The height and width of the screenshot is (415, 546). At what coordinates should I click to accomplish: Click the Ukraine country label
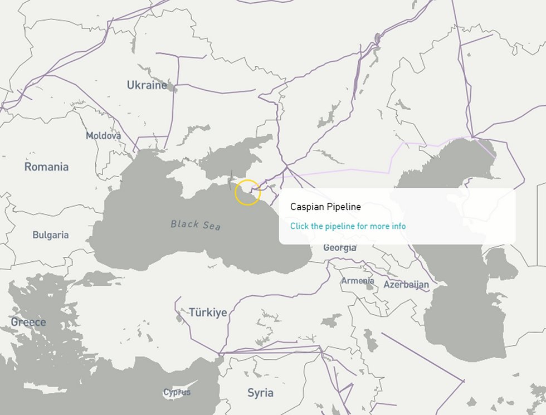(147, 85)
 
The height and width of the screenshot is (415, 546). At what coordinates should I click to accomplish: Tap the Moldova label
(103, 135)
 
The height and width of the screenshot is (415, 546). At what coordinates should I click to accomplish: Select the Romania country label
(46, 167)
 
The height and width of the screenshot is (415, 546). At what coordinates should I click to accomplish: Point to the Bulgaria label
(50, 235)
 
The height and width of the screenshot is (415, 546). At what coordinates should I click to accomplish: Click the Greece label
(28, 322)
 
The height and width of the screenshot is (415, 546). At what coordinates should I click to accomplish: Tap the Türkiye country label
(208, 313)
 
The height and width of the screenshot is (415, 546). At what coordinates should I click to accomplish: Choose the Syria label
(260, 393)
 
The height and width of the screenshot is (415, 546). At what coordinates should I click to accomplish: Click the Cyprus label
(177, 392)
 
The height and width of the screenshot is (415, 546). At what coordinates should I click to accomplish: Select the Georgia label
(339, 248)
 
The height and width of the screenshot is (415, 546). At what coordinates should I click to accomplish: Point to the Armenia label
(358, 281)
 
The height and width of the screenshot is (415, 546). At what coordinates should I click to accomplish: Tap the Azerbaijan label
(406, 285)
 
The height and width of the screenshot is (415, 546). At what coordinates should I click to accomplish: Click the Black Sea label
(196, 224)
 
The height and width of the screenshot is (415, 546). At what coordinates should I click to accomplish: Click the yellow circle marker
(247, 192)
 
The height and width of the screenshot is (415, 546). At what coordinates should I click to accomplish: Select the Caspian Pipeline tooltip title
(325, 207)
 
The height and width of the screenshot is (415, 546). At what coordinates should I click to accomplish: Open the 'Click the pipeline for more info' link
(348, 226)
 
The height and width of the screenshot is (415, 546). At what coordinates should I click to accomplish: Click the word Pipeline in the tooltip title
(343, 207)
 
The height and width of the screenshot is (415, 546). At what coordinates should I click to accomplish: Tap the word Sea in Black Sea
(212, 226)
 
